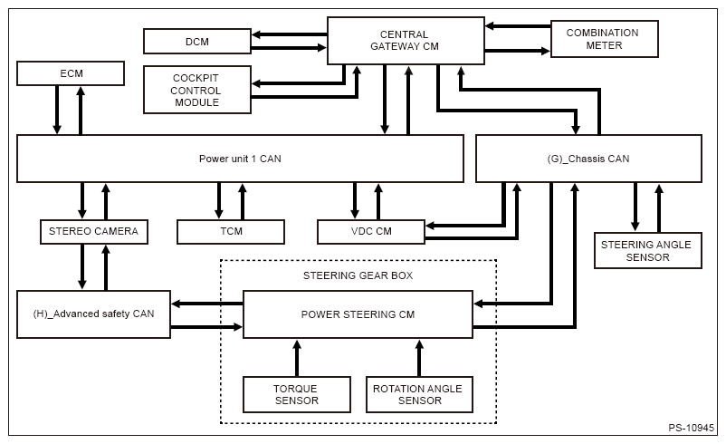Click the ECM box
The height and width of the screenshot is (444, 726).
tap(71, 73)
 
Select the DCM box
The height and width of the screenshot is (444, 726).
tap(197, 42)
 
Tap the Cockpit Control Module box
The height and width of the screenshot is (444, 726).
tap(197, 90)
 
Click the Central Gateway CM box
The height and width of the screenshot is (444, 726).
tap(406, 41)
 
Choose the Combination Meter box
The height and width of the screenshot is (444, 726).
tap(604, 39)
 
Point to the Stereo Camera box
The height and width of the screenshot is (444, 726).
tap(93, 231)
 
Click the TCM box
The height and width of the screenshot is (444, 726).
tap(231, 231)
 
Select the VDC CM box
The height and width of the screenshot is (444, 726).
tap(371, 231)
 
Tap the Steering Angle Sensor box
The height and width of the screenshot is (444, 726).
tap(648, 251)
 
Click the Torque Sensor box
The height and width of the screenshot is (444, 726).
tap(297, 394)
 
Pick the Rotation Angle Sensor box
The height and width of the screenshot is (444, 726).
tap(419, 394)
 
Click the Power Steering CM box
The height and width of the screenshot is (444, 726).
tap(358, 314)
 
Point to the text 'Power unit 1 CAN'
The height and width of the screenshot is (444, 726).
tap(240, 159)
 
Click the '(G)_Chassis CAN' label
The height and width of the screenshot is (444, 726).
tap(588, 159)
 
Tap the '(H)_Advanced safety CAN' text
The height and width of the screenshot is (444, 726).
tap(93, 314)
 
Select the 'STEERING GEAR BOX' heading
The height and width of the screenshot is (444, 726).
tap(358, 275)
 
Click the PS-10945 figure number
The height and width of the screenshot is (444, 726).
tap(691, 428)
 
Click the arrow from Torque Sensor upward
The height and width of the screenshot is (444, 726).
tap(297, 358)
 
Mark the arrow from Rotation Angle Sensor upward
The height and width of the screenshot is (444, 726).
tap(419, 358)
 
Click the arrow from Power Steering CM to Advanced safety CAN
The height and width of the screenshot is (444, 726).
tap(207, 304)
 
